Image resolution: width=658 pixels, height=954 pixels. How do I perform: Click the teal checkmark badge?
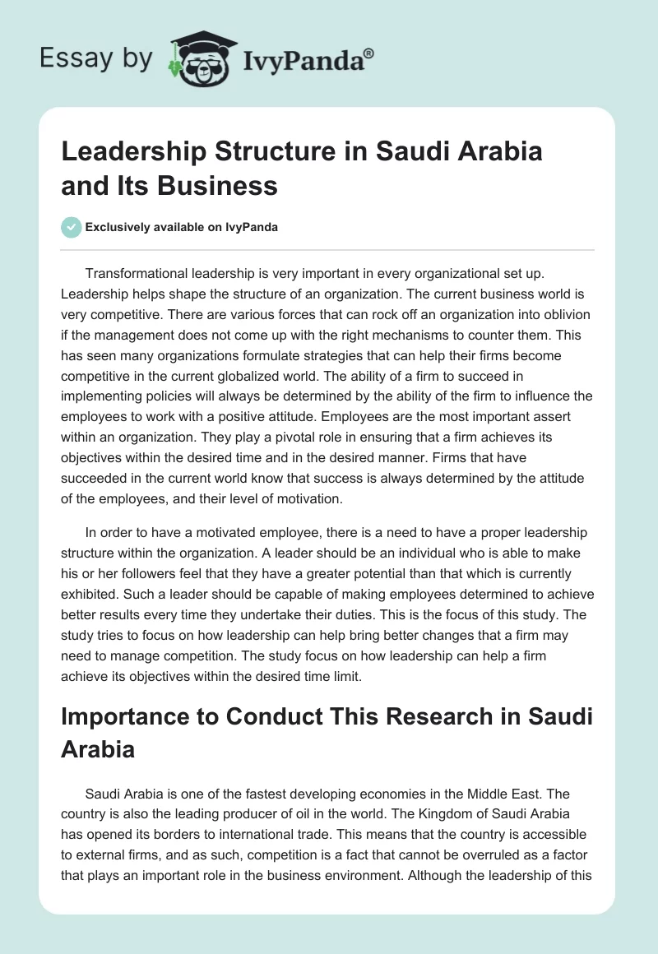tap(71, 226)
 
